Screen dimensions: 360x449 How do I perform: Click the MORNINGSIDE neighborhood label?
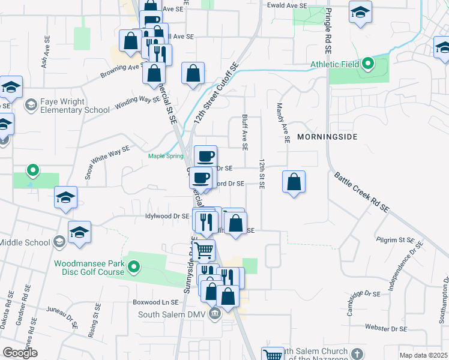click(327, 137)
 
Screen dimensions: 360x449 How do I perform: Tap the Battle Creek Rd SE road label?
click(361, 191)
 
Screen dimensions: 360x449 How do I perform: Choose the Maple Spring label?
click(166, 157)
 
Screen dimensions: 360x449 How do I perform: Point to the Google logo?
click(20, 353)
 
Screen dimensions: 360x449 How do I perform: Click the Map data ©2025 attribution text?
click(423, 355)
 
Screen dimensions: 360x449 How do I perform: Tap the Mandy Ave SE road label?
click(283, 122)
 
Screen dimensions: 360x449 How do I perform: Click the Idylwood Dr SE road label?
click(167, 215)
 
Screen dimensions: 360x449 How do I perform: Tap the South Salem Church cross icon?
click(357, 353)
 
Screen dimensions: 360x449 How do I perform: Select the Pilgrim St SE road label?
click(395, 240)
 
